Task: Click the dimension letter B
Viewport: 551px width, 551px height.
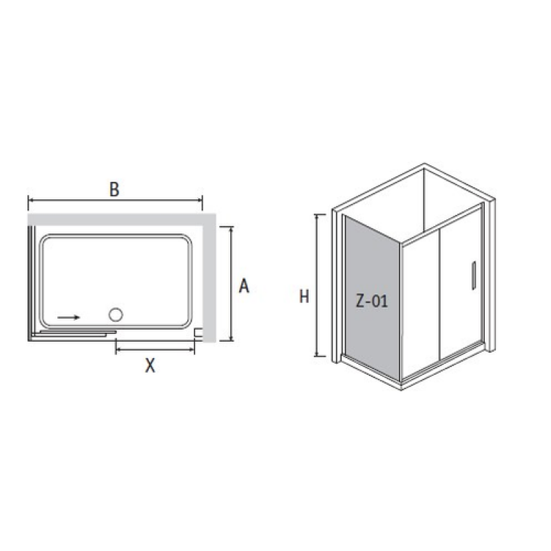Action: [114, 189]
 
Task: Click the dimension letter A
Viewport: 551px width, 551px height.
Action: [244, 286]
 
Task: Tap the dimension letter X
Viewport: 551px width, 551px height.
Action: [150, 366]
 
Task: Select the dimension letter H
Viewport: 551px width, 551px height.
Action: [304, 296]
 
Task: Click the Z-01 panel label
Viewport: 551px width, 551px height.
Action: [372, 301]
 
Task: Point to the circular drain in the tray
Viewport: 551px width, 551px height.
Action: [116, 315]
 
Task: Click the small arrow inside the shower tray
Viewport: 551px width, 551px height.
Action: [69, 318]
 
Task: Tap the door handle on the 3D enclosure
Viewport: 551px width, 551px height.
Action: [473, 275]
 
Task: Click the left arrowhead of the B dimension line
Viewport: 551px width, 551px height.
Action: [30, 200]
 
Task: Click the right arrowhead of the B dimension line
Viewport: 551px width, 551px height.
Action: [200, 200]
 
